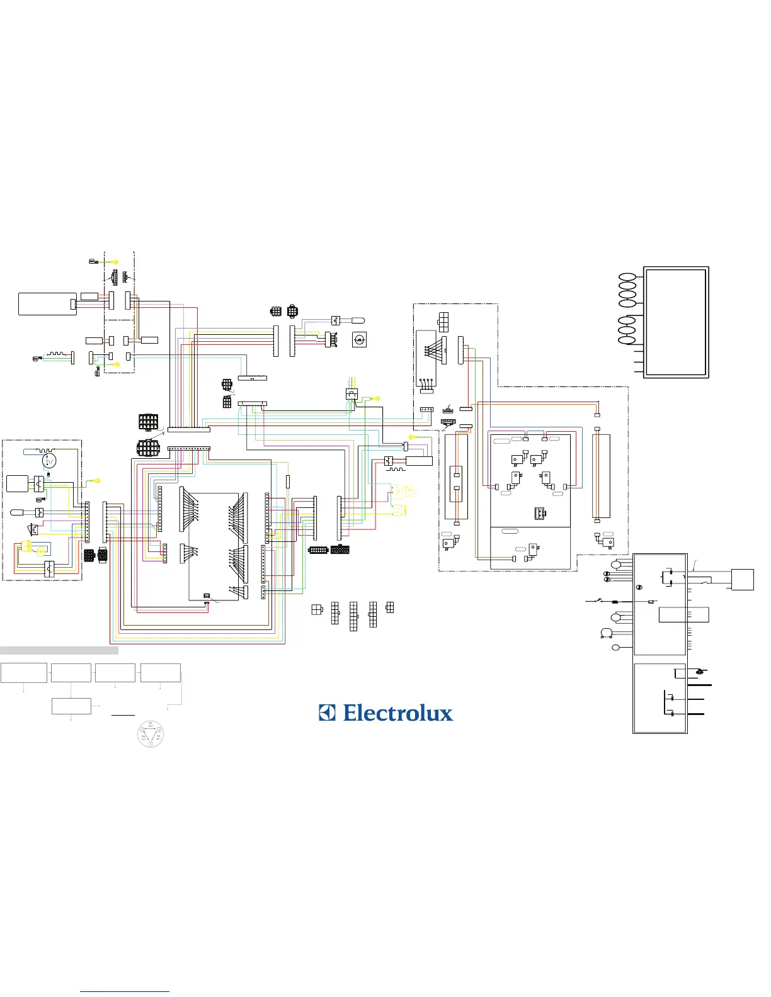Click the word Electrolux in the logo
(398, 713)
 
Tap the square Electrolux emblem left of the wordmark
(327, 713)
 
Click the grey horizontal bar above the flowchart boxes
(59, 650)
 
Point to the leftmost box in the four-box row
(24, 673)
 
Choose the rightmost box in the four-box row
(161, 673)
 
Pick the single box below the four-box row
(71, 706)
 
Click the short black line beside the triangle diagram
(123, 716)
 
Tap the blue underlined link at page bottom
(125, 992)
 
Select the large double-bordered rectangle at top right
(676, 322)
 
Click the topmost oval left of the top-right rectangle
(627, 278)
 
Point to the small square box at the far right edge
(743, 579)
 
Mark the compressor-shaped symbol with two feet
(607, 633)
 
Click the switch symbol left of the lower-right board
(595, 601)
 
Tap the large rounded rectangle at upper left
(47, 304)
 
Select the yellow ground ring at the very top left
(115, 261)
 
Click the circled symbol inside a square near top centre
(359, 340)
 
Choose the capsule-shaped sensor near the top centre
(353, 320)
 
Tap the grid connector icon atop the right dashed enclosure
(444, 322)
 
